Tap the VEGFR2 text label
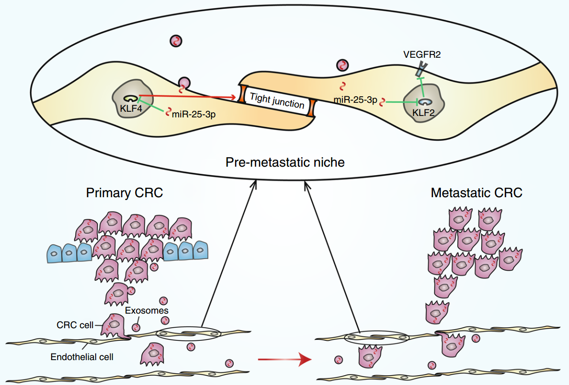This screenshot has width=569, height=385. (422, 54)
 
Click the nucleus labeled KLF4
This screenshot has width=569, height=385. (133, 99)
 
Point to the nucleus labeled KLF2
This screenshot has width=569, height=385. (424, 103)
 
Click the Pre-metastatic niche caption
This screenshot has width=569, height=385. (285, 162)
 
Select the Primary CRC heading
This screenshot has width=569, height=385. (124, 193)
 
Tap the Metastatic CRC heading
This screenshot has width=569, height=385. (477, 193)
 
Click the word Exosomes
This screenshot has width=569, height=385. (146, 310)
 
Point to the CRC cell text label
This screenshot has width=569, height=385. (75, 325)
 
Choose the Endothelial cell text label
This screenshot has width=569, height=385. (82, 357)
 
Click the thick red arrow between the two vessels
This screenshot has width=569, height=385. (284, 359)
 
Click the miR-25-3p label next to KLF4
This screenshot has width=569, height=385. (194, 115)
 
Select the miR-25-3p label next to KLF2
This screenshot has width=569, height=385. (356, 100)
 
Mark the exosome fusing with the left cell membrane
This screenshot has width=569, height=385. (184, 83)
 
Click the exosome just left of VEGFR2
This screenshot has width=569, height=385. (342, 65)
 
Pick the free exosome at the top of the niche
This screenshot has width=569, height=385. (176, 41)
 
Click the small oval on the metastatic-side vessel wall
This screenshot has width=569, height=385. (377, 338)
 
